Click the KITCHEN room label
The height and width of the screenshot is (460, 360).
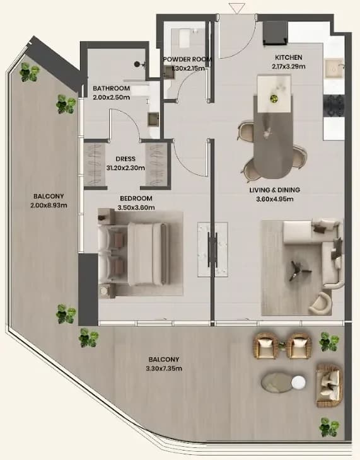tap(288, 57)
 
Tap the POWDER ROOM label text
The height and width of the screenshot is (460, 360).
tap(187, 59)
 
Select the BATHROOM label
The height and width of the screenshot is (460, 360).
tap(111, 88)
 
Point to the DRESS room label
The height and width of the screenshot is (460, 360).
tap(125, 159)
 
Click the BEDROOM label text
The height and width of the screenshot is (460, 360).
tap(136, 198)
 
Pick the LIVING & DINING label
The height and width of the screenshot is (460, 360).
tap(274, 190)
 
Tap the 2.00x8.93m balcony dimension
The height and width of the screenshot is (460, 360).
tap(49, 205)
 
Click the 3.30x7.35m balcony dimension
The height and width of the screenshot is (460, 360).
tap(164, 369)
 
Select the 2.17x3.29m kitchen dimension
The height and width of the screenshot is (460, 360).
tap(288, 67)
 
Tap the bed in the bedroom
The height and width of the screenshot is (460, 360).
tap(134, 254)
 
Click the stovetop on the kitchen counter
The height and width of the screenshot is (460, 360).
tap(334, 106)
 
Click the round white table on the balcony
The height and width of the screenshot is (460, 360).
tap(298, 382)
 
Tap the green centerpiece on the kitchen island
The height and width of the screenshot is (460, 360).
tap(274, 98)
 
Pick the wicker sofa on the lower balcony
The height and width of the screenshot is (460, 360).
tap(330, 386)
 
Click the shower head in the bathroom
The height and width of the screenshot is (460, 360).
tap(137, 64)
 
